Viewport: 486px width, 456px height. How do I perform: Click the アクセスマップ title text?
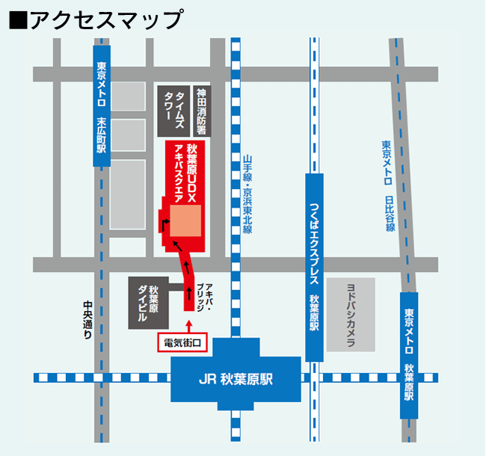click(105, 19)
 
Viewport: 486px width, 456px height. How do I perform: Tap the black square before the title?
click(16, 19)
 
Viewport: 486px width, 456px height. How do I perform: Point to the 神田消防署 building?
click(200, 111)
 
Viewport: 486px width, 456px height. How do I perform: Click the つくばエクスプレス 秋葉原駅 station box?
click(315, 266)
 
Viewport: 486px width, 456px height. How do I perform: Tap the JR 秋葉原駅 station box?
click(236, 378)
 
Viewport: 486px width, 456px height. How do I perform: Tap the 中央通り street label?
click(87, 321)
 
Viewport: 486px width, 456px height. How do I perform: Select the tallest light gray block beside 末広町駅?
click(127, 194)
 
